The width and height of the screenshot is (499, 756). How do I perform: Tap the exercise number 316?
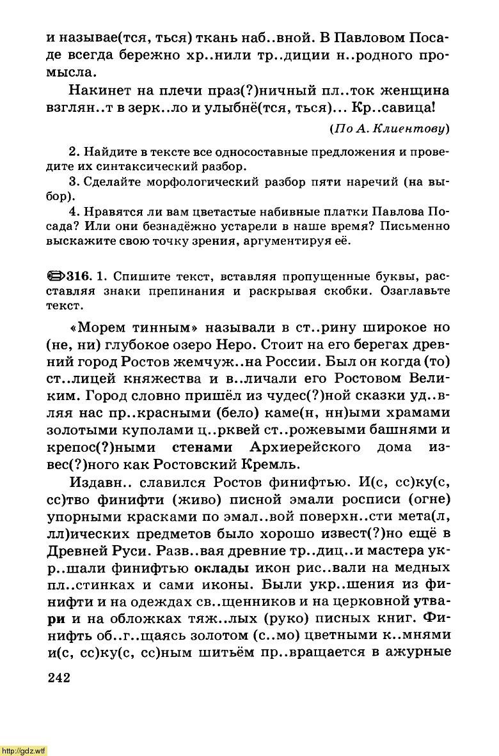point(77,276)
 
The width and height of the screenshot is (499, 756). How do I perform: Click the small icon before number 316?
point(56,276)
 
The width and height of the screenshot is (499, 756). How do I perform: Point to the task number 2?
point(72,153)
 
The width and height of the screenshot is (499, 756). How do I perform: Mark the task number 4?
point(72,212)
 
